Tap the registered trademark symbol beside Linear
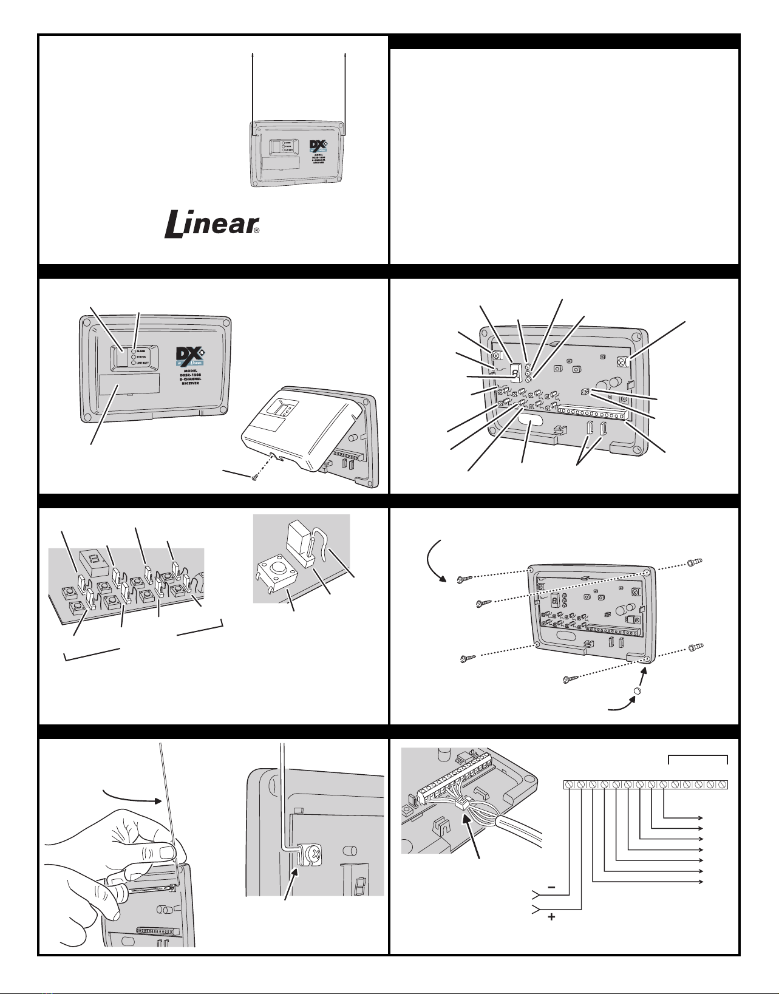pos(256,231)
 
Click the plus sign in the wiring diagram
pos(551,917)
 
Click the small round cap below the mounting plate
pos(637,692)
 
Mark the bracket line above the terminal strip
pos(698,757)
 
